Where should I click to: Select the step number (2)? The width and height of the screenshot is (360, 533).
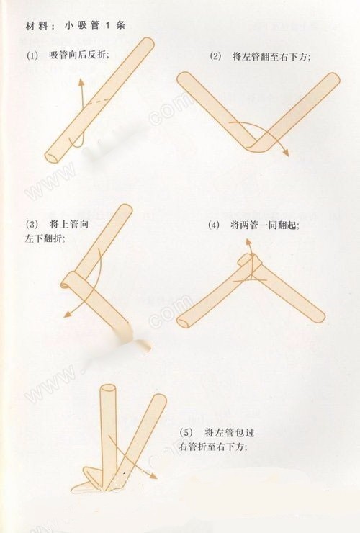point(215,55)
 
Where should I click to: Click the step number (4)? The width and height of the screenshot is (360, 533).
point(214,225)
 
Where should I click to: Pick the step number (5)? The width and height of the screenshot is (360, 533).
point(186,432)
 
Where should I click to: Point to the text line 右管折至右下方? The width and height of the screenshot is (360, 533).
point(212,447)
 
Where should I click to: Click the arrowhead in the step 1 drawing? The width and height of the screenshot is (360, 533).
point(80,85)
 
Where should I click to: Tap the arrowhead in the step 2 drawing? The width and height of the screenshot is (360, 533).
point(285,153)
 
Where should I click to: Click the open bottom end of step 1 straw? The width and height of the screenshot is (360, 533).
point(52,156)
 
